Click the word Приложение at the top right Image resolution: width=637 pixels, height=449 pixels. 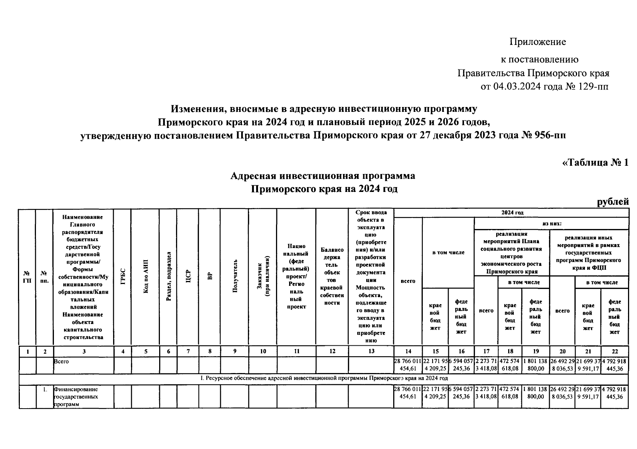(537, 42)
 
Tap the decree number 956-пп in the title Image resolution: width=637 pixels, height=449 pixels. (549, 135)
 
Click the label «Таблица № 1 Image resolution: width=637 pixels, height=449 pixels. (595, 163)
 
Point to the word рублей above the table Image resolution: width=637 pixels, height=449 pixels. (613, 202)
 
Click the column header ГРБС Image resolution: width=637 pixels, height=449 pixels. (122, 277)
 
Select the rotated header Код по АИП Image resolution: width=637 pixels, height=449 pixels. (146, 277)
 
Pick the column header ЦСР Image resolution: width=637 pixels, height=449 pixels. (188, 277)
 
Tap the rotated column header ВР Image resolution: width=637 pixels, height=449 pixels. (210, 277)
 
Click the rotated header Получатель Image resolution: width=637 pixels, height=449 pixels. (235, 277)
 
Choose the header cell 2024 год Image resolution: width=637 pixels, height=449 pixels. (512, 213)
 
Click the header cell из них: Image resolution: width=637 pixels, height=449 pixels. (552, 224)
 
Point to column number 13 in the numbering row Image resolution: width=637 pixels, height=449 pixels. (371, 351)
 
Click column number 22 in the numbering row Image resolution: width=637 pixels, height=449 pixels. (615, 351)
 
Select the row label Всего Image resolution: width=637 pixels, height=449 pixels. (61, 362)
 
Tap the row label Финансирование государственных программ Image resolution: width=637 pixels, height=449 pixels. (77, 396)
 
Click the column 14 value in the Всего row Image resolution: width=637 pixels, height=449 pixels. (408, 365)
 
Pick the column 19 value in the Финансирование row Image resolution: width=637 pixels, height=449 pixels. (536, 393)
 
